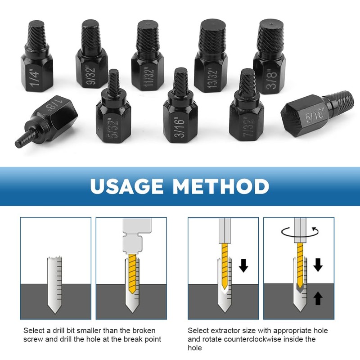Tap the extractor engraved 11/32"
coord(148,63)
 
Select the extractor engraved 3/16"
coord(180,112)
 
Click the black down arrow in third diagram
coord(243,265)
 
